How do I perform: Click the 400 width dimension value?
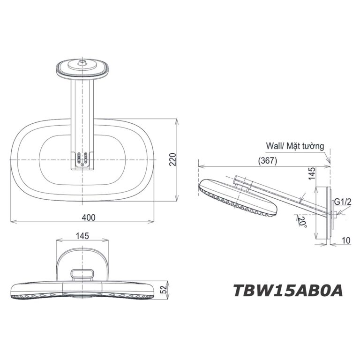click(x=88, y=217)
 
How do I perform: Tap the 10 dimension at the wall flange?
click(x=346, y=240)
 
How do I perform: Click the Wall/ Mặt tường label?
click(x=294, y=146)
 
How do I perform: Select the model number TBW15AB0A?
click(x=287, y=290)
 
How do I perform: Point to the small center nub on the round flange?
click(x=82, y=60)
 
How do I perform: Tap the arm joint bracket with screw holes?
click(x=82, y=159)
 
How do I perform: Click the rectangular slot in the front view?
click(x=82, y=272)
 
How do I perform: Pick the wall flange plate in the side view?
click(x=323, y=214)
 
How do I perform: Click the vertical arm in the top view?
click(x=82, y=112)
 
